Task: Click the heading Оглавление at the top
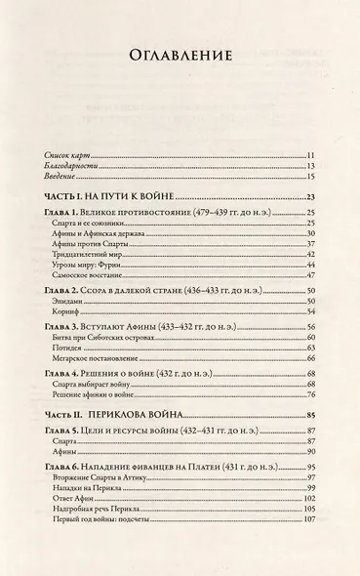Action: (180, 57)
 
